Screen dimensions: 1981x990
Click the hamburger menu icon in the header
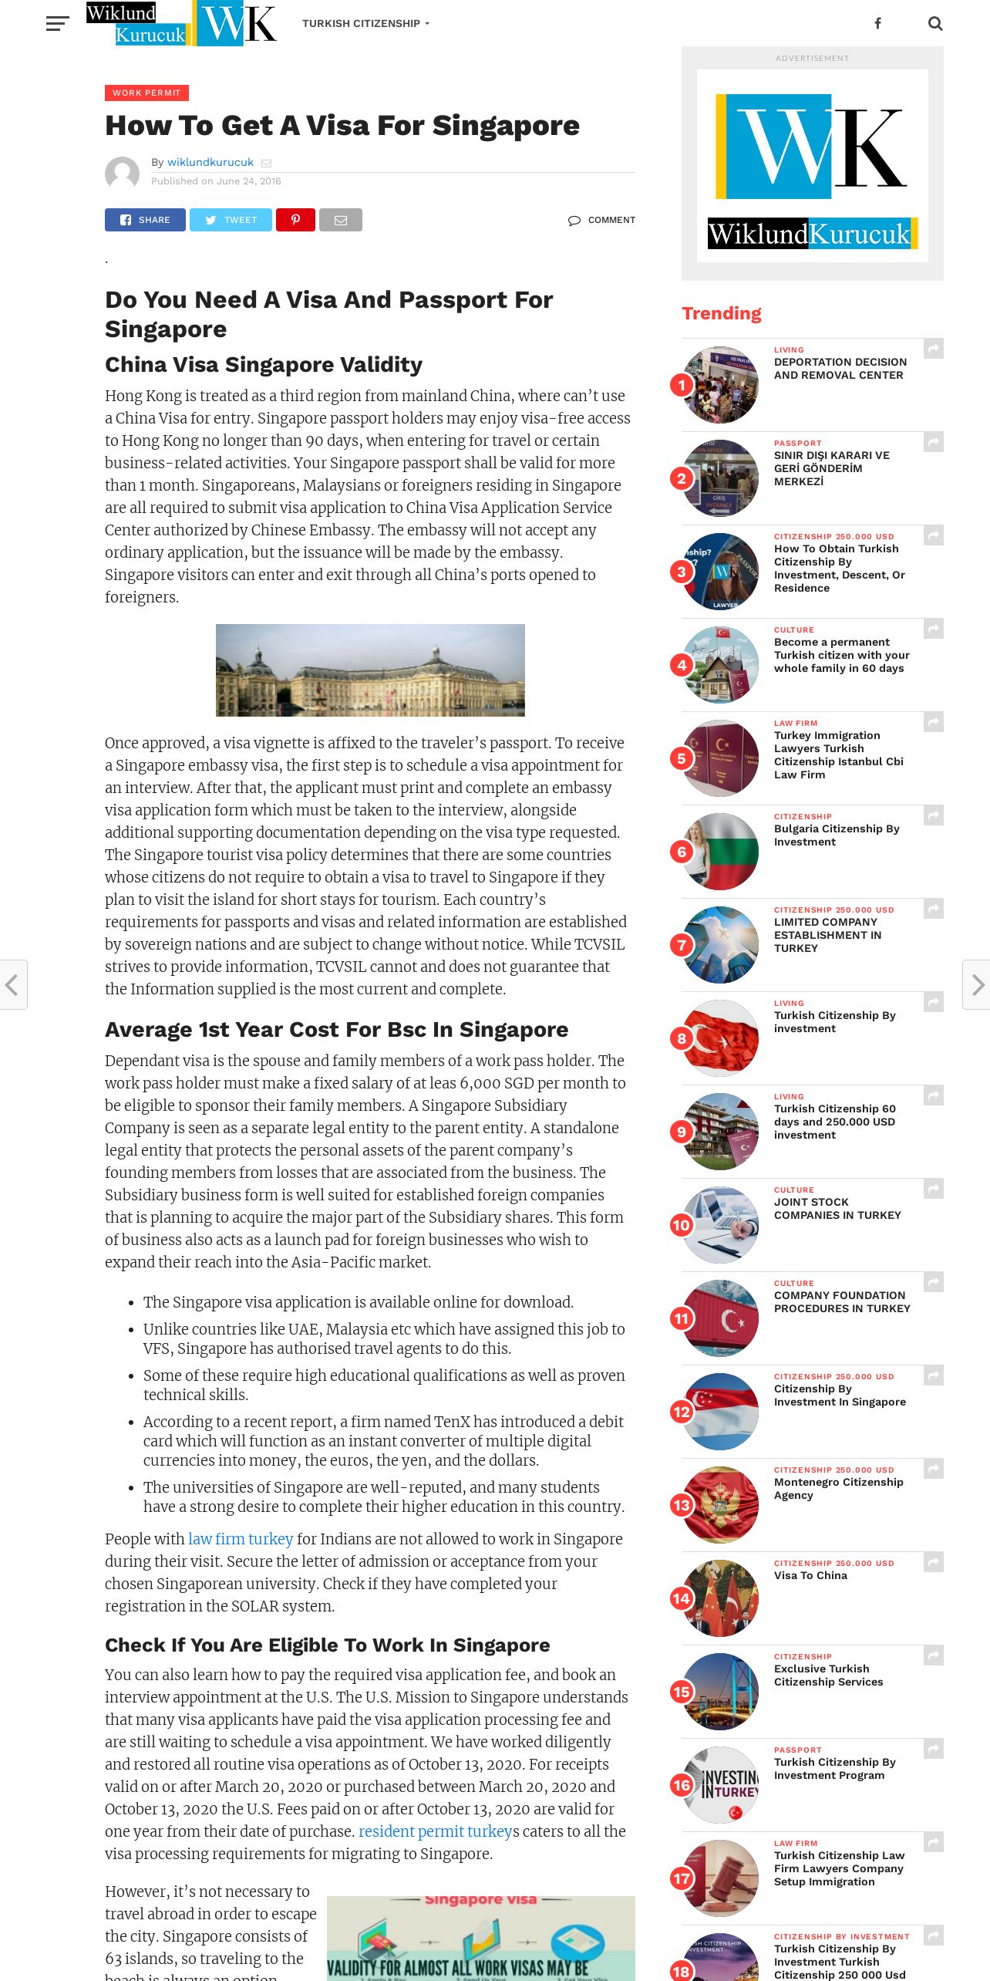pos(57,24)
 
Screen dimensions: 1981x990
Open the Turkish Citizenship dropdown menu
pos(365,24)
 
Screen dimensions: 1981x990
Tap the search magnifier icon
pos(935,24)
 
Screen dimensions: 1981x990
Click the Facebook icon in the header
pos(877,24)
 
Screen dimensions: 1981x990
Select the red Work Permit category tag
pos(146,93)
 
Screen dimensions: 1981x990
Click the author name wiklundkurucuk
pos(210,162)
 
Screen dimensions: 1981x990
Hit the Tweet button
pos(231,220)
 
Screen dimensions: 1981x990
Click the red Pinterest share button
pos(295,220)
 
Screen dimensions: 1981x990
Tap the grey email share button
pos(340,220)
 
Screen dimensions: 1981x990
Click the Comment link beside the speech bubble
pos(611,220)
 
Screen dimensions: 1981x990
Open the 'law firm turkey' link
pos(241,1539)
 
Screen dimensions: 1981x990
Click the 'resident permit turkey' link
pos(435,1831)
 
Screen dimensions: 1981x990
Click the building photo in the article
pos(370,670)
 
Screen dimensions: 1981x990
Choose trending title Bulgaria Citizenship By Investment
pos(836,835)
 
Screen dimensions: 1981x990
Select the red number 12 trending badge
pos(682,1412)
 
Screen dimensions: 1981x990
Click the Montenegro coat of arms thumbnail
pos(721,1505)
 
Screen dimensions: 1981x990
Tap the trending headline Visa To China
pos(810,1575)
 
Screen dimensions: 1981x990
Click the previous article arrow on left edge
pos(12,984)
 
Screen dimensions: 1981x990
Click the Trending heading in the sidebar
pos(721,313)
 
